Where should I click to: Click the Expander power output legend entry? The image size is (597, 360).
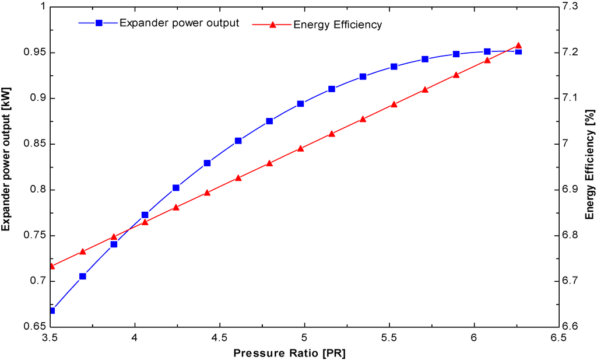click(x=178, y=23)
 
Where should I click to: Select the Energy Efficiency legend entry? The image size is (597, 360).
click(x=338, y=24)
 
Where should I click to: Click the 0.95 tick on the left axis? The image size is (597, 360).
click(x=34, y=53)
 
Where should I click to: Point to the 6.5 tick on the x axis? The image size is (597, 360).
click(x=559, y=337)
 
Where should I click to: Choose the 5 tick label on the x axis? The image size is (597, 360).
click(x=304, y=337)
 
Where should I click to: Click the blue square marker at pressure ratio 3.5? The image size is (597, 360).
click(x=51, y=310)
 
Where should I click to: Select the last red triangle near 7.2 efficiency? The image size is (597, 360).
click(x=518, y=46)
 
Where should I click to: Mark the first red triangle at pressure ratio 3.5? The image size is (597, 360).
click(x=51, y=266)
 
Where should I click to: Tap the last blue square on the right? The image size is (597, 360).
click(x=518, y=51)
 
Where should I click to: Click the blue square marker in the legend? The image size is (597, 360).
click(x=99, y=23)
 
